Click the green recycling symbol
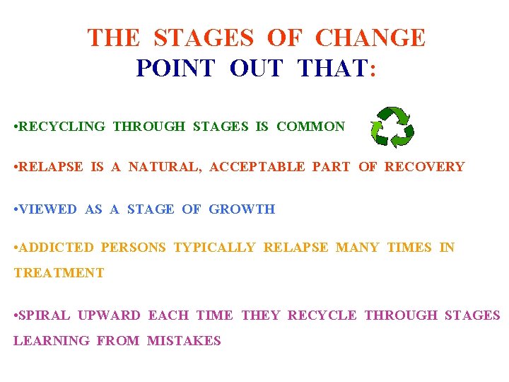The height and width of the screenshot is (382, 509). pos(392,127)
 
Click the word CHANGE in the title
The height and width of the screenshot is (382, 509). pos(370,37)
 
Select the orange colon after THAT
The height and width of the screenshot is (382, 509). pos(373,69)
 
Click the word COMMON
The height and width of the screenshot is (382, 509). pos(310,127)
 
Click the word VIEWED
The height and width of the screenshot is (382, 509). pos(49,209)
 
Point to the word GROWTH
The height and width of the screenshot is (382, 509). pos(242,209)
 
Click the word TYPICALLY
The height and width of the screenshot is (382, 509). pos(214,248)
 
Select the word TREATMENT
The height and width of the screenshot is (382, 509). pos(59,273)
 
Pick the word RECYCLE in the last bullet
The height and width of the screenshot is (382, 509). pos(322,316)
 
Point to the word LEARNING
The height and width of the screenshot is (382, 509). pos(52,341)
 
